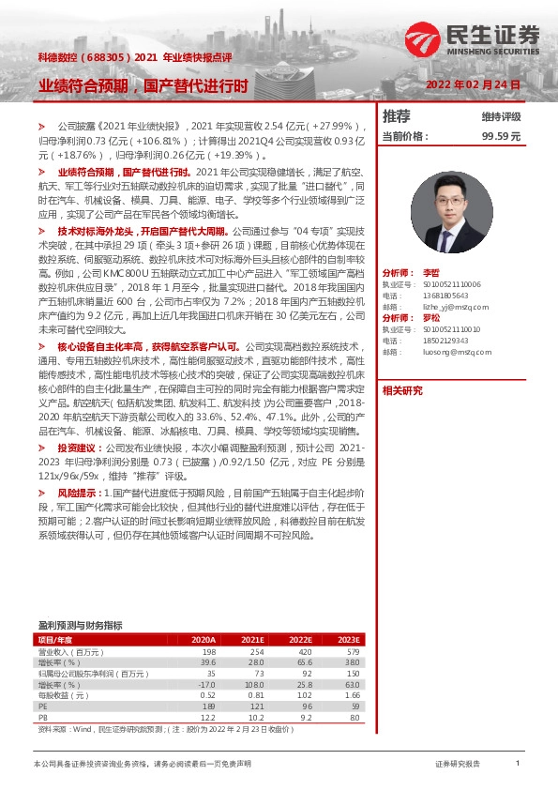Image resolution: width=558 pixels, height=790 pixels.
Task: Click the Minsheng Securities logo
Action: [x=474, y=38]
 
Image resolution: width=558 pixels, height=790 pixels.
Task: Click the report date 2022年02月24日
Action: [x=472, y=84]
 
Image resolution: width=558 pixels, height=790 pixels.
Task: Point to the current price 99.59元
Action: [x=501, y=136]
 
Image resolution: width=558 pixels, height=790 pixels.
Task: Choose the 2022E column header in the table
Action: [x=301, y=639]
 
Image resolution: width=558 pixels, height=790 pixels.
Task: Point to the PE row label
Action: [x=43, y=706]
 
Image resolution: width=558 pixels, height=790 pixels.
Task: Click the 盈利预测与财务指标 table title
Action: [x=79, y=625]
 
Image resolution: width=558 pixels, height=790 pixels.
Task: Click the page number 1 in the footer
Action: [x=517, y=764]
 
